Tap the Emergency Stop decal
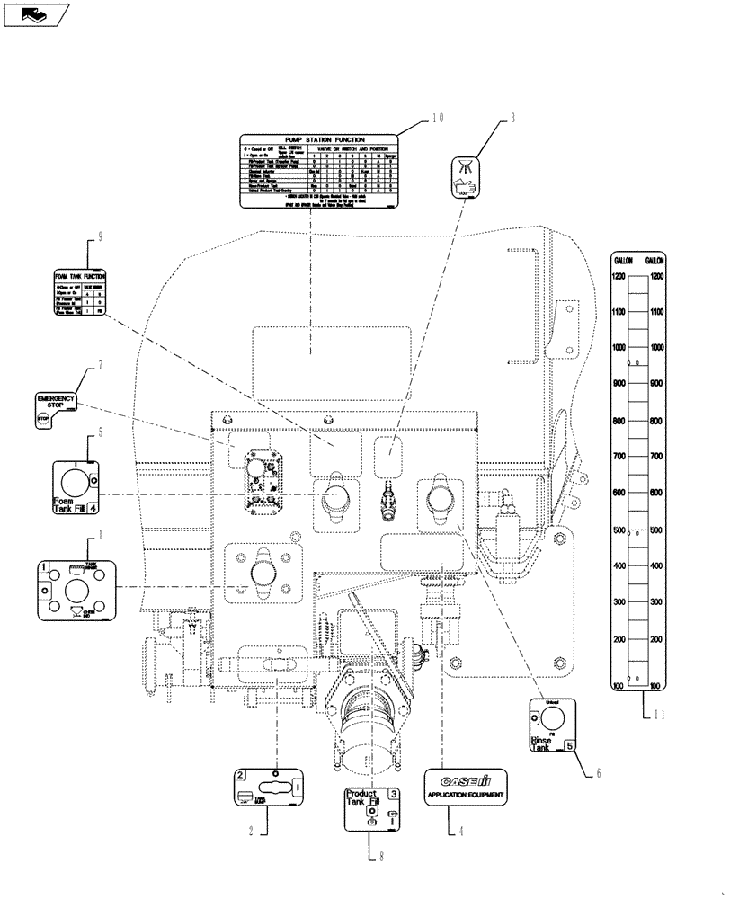coord(56,409)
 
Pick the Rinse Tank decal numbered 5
coord(551,725)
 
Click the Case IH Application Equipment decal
coord(467,785)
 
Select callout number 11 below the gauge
coord(663,715)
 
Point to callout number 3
coord(512,118)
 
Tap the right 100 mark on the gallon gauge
coord(656,686)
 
